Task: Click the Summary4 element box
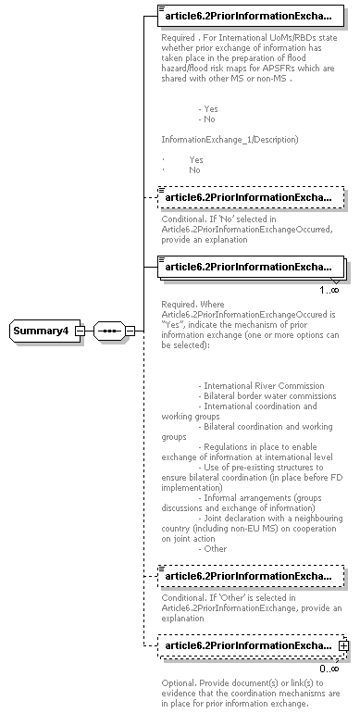(41, 331)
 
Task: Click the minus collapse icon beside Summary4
(81, 331)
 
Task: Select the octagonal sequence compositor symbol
(109, 331)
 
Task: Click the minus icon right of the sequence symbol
(130, 331)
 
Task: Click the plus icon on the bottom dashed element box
(343, 644)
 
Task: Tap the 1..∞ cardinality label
(329, 290)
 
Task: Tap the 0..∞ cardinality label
(329, 668)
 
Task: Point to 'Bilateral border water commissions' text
(270, 395)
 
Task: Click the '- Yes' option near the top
(208, 108)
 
